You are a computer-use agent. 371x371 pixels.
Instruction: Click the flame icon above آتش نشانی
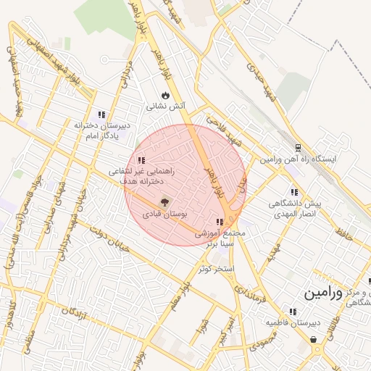pyautogui.click(x=166, y=94)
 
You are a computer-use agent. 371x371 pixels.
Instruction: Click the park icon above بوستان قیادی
pyautogui.click(x=164, y=202)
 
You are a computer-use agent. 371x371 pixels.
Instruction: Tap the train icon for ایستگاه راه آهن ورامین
pyautogui.click(x=288, y=145)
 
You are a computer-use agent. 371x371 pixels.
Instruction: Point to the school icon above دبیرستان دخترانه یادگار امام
pyautogui.click(x=102, y=114)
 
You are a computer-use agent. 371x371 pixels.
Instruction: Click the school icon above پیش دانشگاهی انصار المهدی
pyautogui.click(x=293, y=192)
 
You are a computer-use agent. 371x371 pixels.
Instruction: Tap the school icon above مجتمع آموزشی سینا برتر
pyautogui.click(x=220, y=222)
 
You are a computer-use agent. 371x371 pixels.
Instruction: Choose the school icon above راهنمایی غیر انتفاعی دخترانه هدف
pyautogui.click(x=141, y=160)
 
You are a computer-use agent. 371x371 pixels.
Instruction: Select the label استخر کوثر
pyautogui.click(x=217, y=269)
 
